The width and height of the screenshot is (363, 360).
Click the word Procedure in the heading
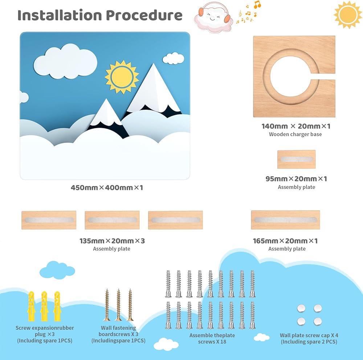point(144,15)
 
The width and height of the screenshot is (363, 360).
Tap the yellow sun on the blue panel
point(122,76)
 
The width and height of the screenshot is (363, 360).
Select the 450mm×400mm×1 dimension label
point(107,188)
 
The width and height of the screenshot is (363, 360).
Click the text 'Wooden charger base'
point(295,134)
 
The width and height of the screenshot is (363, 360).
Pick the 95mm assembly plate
point(296,160)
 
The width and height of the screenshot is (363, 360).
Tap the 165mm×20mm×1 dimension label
point(285,241)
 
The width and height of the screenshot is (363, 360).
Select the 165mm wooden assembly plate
point(285,220)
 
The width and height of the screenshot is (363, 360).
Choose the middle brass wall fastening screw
point(118,305)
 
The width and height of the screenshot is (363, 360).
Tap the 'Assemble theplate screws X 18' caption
point(212,338)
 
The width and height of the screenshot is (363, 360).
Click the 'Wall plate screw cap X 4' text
point(309,335)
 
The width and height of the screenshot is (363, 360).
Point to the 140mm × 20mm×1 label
point(296,126)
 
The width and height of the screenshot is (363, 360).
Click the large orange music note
point(257,5)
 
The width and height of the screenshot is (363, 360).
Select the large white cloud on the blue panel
point(65,60)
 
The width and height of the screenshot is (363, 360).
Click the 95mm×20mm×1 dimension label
point(297,179)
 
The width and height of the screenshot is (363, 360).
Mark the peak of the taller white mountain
point(154,65)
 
